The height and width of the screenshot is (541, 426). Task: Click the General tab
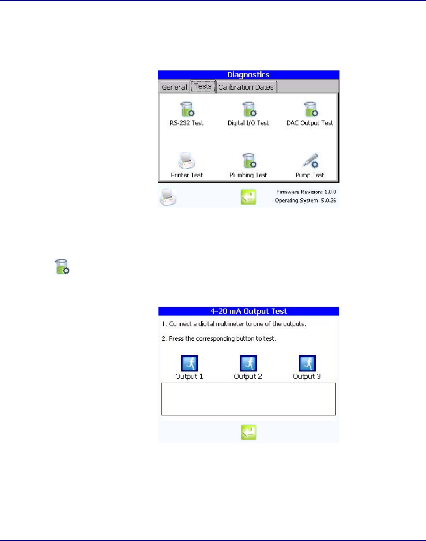pos(174,87)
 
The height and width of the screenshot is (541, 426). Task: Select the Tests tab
pos(203,86)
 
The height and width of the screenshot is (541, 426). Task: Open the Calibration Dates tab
pos(246,87)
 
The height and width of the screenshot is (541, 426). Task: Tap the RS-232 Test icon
pos(187,110)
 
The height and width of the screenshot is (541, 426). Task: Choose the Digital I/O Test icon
pos(249,110)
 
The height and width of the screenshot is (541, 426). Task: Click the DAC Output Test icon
pos(310,110)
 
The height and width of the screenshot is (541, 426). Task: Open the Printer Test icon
pos(187,161)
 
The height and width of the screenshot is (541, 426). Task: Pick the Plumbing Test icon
pos(249,161)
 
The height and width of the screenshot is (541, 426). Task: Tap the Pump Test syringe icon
pos(310,161)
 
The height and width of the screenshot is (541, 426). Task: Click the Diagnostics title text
pos(248,75)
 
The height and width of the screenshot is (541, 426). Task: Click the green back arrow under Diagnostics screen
pos(248,197)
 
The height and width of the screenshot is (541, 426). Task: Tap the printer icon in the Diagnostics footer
pos(168,197)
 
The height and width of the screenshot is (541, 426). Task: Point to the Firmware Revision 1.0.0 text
pos(306,192)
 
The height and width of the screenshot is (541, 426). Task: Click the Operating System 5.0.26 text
pos(305,201)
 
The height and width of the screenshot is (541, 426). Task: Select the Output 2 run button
pos(248,363)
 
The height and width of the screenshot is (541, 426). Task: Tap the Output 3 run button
pos(307,363)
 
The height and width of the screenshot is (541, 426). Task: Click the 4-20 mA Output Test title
pos(248,311)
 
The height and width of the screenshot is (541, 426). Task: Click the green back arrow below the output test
pos(248,432)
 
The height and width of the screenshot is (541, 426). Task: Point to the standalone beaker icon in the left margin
pos(62,267)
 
